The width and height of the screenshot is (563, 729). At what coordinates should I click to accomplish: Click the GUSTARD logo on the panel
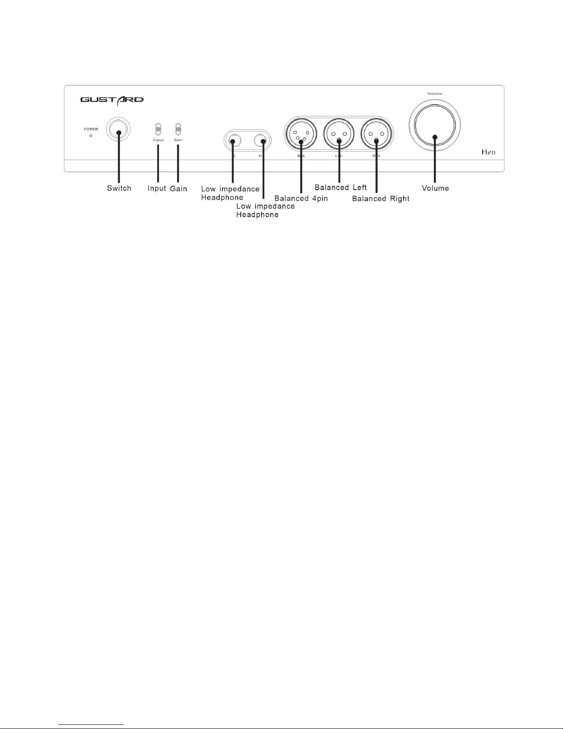coord(112,99)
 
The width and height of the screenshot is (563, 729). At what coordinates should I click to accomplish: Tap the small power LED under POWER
coord(91,136)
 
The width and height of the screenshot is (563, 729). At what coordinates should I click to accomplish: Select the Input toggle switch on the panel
coord(159,129)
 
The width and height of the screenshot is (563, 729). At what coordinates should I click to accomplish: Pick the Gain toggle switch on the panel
coord(178,129)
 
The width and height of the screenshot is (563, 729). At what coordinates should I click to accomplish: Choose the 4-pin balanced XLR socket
coord(301,134)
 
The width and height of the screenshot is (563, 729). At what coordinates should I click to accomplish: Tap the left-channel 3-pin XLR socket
coord(339,134)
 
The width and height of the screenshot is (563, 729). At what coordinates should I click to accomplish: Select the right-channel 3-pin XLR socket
coord(376,134)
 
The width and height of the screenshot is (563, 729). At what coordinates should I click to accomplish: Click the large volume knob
coord(434,125)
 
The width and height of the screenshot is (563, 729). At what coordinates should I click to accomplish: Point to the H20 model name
coord(488,152)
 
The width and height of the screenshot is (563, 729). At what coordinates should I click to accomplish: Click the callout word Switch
coord(119,188)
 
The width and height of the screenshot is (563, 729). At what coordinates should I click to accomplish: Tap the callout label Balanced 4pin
coord(301,199)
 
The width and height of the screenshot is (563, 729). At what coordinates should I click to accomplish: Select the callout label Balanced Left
coord(341,188)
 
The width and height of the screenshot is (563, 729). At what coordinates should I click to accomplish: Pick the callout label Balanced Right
coord(381,199)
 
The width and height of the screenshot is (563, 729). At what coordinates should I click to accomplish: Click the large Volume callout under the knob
coord(435,188)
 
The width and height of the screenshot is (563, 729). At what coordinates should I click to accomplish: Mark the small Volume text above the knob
coord(435,94)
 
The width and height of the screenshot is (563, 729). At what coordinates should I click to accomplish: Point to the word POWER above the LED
coord(91,129)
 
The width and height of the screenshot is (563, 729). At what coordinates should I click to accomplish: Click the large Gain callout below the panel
coord(178,189)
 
